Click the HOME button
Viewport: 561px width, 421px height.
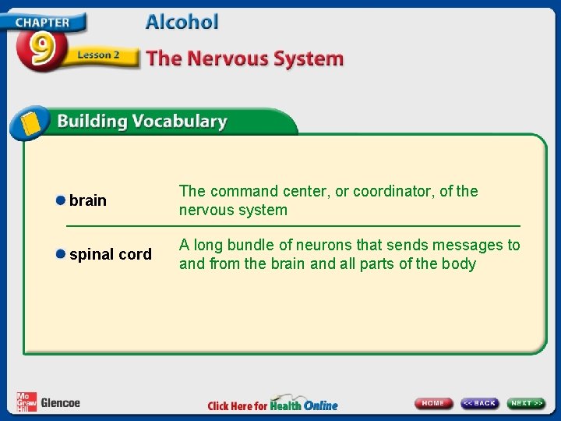pos(434,403)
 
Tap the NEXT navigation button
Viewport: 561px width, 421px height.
pos(527,403)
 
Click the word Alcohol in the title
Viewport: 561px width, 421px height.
pos(182,22)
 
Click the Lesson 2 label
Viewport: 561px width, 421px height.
pos(98,55)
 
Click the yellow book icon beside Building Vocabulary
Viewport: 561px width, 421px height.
pos(30,122)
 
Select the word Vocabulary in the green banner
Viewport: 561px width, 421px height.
pos(179,122)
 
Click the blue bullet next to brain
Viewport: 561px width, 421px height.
pos(60,200)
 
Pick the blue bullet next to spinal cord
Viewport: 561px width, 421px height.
pos(60,254)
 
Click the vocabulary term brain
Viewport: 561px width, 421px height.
pos(88,200)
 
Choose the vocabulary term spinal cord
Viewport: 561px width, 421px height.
pos(111,254)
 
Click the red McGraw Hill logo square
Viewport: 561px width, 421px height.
pos(26,401)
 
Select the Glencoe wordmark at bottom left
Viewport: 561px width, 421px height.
pos(60,403)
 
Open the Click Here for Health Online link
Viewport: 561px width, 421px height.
pos(273,405)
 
